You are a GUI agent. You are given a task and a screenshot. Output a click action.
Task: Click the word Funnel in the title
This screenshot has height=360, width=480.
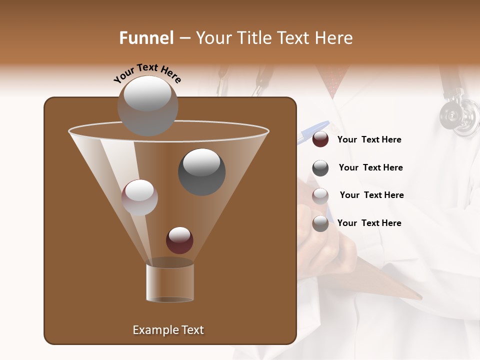[146, 38]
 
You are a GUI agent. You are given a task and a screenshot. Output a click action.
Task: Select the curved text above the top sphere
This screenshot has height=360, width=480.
[147, 73]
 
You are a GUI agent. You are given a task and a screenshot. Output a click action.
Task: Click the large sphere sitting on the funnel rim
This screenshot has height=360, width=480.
[147, 106]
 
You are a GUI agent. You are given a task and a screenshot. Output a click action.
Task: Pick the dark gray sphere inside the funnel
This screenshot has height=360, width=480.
[201, 171]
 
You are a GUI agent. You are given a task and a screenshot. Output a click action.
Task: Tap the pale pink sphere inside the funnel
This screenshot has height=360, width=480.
[139, 197]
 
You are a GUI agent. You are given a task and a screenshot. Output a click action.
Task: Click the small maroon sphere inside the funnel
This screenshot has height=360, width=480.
[179, 240]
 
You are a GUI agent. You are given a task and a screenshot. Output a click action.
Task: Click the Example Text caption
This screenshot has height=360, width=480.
[168, 330]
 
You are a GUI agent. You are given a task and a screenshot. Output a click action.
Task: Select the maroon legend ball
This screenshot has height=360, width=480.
[320, 139]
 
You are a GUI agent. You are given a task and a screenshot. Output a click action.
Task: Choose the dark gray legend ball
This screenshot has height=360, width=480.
[320, 168]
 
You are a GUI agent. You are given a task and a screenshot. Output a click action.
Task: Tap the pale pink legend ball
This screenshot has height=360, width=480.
[320, 196]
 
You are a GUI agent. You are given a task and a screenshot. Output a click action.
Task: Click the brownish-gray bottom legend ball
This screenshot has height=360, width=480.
[320, 223]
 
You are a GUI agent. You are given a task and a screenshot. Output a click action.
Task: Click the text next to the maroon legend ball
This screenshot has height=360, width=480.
[369, 139]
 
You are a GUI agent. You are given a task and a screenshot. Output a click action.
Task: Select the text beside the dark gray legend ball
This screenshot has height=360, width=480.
[370, 167]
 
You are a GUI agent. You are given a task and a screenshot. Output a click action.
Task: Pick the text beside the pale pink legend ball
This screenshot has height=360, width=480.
[371, 195]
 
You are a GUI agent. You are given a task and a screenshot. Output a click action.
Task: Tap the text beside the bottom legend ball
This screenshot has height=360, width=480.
[369, 223]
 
